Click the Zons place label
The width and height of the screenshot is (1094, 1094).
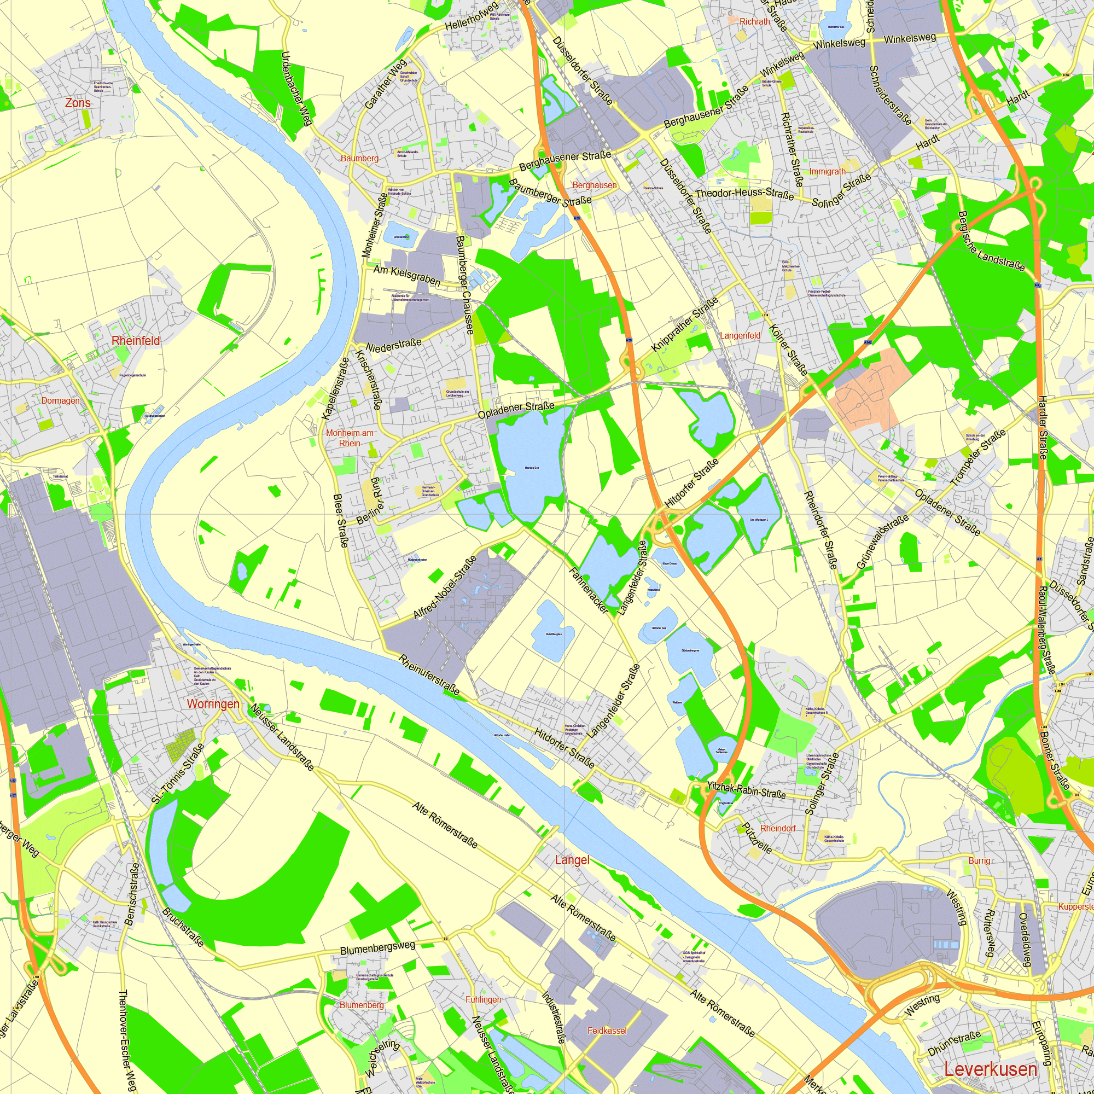pyautogui.click(x=78, y=103)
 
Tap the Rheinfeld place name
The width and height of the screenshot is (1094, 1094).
pyautogui.click(x=135, y=341)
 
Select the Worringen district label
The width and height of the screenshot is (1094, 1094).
pyautogui.click(x=213, y=704)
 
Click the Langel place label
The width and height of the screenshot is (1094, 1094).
pyautogui.click(x=572, y=860)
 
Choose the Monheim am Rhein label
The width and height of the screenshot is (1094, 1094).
pyautogui.click(x=350, y=438)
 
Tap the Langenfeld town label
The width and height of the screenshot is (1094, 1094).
pyautogui.click(x=740, y=336)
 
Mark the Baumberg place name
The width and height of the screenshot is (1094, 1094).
pyautogui.click(x=359, y=159)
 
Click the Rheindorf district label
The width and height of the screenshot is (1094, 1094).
pyautogui.click(x=777, y=828)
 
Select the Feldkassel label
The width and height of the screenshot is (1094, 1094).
pyautogui.click(x=607, y=1031)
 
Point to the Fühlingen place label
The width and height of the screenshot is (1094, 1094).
pyautogui.click(x=483, y=999)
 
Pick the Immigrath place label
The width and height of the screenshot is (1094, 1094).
pyautogui.click(x=827, y=172)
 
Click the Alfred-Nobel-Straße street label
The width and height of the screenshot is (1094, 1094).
pyautogui.click(x=445, y=587)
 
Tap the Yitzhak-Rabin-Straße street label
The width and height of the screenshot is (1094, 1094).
pyautogui.click(x=746, y=790)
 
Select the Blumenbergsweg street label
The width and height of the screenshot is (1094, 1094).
pyautogui.click(x=377, y=948)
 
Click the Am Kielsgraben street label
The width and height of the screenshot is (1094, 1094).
pyautogui.click(x=406, y=275)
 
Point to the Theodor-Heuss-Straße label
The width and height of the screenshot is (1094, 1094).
pyautogui.click(x=744, y=194)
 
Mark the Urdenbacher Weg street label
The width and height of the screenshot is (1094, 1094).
pyautogui.click(x=297, y=88)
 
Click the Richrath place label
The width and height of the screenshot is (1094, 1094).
pyautogui.click(x=755, y=21)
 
